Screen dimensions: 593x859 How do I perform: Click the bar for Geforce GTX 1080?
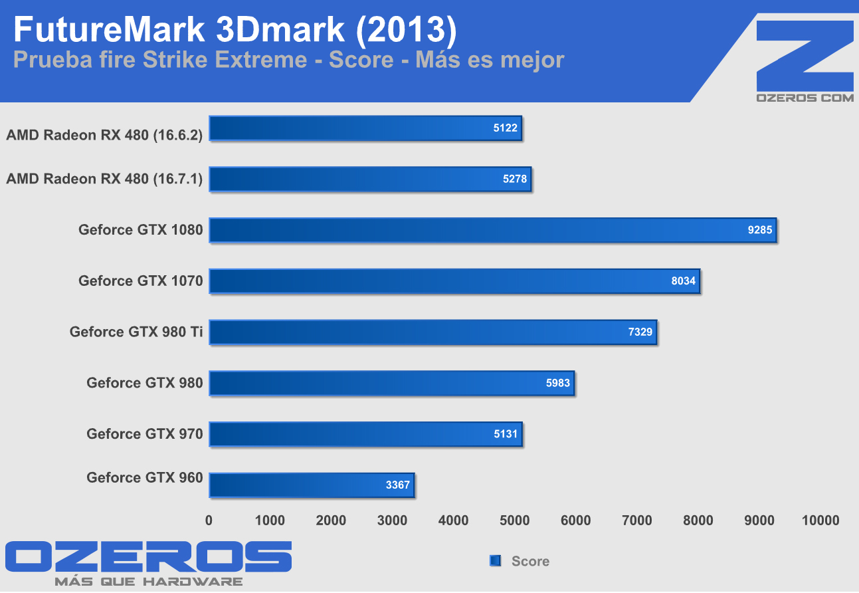click(x=492, y=230)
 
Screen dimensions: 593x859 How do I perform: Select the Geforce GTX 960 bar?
click(x=312, y=485)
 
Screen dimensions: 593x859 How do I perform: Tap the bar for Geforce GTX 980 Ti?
click(x=432, y=332)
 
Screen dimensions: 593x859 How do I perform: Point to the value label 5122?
click(x=505, y=128)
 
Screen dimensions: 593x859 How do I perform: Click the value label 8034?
click(x=683, y=281)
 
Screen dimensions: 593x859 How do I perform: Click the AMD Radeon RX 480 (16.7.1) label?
click(x=104, y=178)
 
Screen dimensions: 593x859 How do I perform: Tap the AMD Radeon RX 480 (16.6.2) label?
click(x=104, y=135)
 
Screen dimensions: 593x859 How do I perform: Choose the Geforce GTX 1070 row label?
click(x=140, y=281)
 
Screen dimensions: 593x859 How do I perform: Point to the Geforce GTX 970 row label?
click(x=144, y=434)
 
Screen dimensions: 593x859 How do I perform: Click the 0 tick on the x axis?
click(x=209, y=521)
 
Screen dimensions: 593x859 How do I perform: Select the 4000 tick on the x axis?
click(x=454, y=521)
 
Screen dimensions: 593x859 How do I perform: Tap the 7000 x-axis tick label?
click(x=637, y=521)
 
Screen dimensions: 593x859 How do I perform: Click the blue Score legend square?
click(x=494, y=560)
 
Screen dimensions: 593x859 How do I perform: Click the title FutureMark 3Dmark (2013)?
click(x=235, y=30)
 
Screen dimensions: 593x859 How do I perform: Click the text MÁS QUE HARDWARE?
click(x=148, y=582)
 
